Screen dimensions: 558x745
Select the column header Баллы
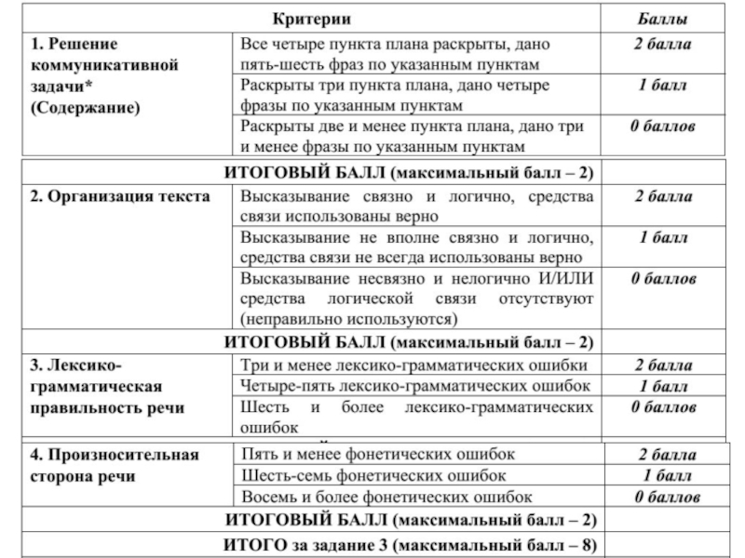pos(663,19)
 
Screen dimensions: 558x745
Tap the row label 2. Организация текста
pos(121,196)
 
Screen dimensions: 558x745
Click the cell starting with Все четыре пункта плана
pos(415,54)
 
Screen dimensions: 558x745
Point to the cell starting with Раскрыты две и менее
pos(415,136)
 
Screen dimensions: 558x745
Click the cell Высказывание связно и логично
pos(415,206)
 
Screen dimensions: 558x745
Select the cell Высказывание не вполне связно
pos(415,246)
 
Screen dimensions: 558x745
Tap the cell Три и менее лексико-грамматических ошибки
pos(415,365)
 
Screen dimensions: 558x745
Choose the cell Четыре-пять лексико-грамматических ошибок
pos(415,385)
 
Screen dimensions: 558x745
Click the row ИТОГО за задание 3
pos(411,544)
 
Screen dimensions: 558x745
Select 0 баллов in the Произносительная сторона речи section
pos(663,497)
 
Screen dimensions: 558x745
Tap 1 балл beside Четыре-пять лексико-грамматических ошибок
pos(663,385)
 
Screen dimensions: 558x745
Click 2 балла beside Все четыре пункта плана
pos(663,44)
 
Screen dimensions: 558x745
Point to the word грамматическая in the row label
pos(98,385)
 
